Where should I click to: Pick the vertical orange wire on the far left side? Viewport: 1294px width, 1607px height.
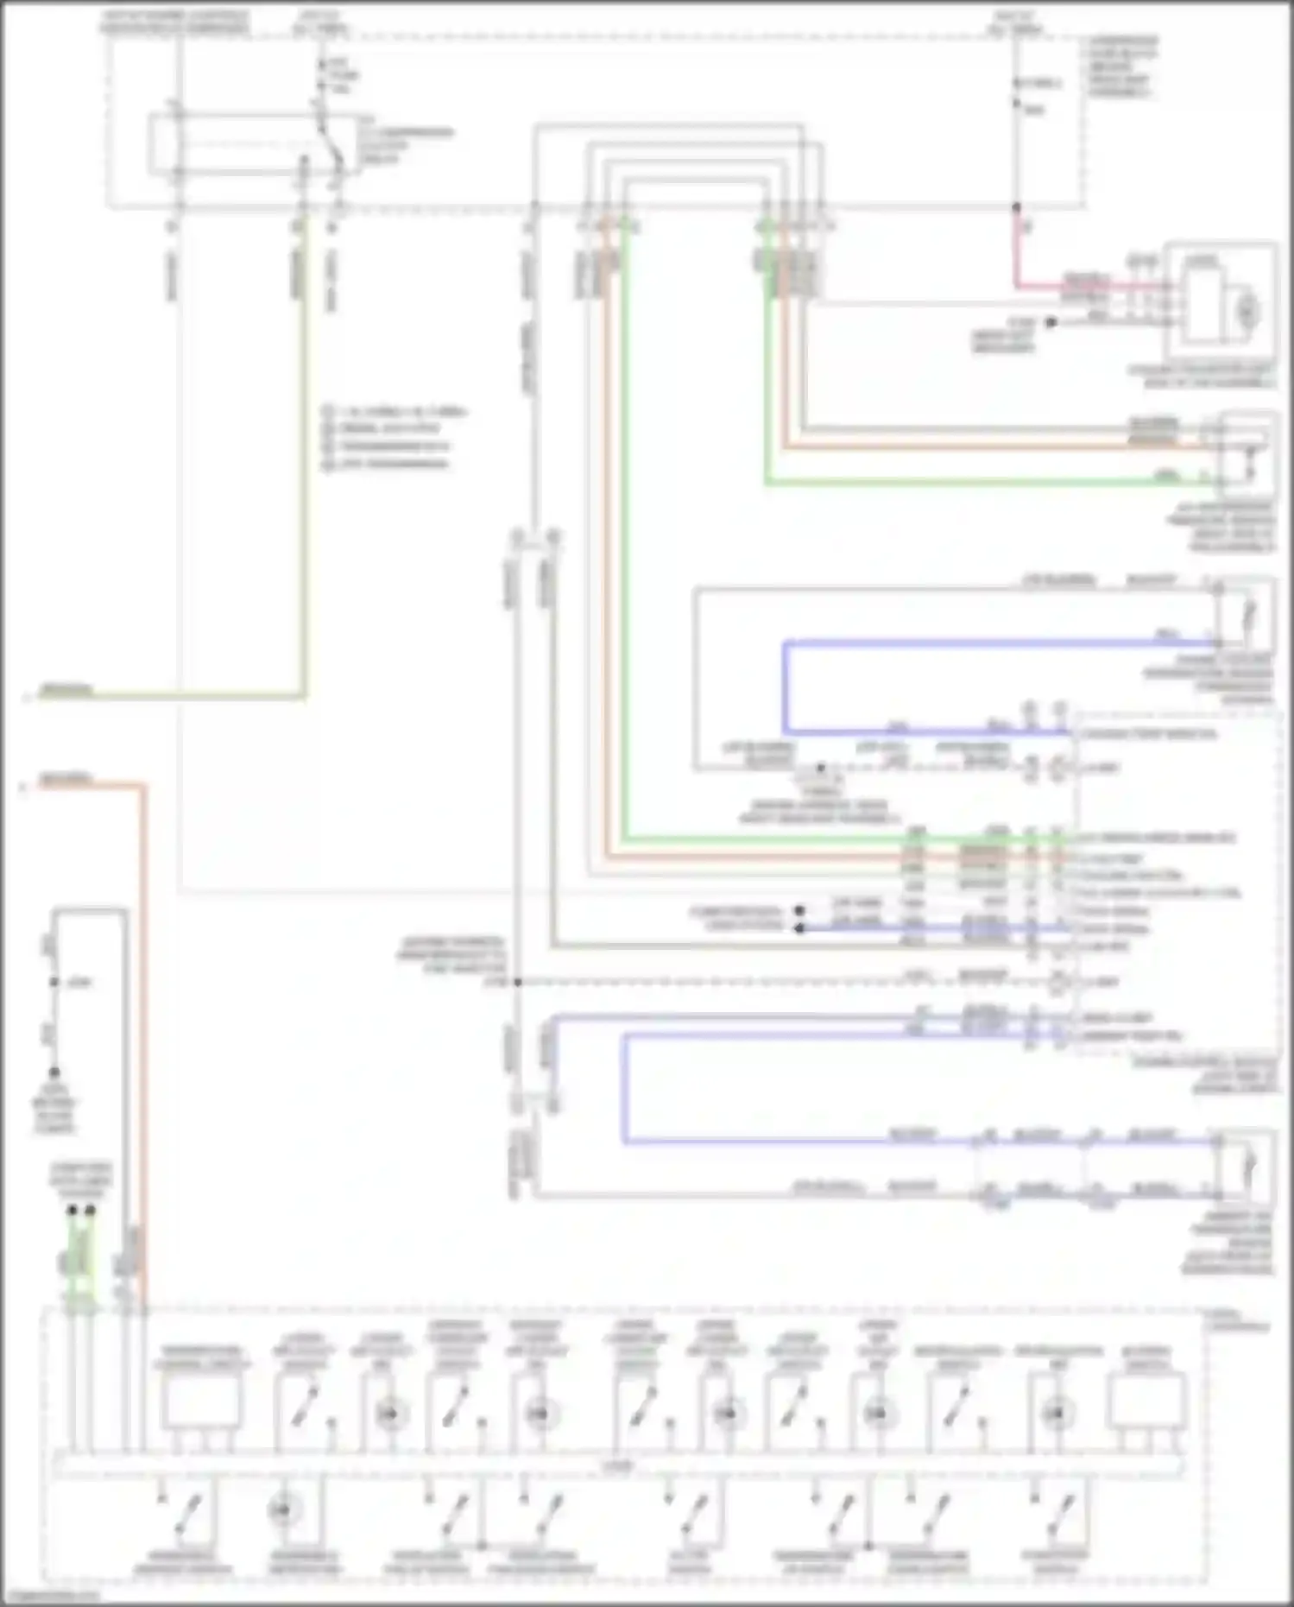143,1036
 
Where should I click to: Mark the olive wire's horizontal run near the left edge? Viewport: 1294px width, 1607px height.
173,695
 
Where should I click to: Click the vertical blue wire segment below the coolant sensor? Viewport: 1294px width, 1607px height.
786,686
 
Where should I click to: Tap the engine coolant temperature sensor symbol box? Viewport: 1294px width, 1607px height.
1243,615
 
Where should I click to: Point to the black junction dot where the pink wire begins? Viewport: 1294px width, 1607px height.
1017,208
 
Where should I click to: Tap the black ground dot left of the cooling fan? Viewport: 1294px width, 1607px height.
1051,322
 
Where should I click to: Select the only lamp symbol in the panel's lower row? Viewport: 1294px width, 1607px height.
284,1511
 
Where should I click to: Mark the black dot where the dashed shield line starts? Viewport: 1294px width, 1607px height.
518,983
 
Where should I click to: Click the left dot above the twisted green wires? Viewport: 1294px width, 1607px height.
73,1211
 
